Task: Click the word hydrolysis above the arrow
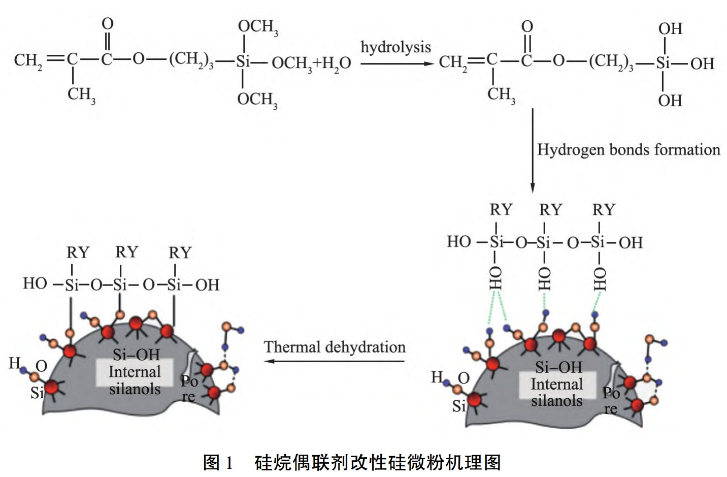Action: tap(395, 47)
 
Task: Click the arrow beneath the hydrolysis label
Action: tap(396, 63)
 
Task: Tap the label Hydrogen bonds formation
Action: tap(629, 150)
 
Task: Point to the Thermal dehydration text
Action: tap(335, 347)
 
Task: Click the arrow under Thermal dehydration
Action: tap(335, 361)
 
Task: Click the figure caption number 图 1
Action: tap(218, 462)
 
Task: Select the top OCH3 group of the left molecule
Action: tap(258, 26)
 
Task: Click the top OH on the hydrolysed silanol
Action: tap(670, 29)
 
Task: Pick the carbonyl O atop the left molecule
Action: tap(108, 24)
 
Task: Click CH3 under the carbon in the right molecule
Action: tap(501, 94)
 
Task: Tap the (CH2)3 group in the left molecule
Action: tap(191, 60)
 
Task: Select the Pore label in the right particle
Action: tap(611, 400)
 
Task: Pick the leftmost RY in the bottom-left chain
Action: tap(78, 252)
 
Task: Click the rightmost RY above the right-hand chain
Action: tap(604, 210)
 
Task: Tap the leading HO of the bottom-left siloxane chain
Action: tap(35, 283)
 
